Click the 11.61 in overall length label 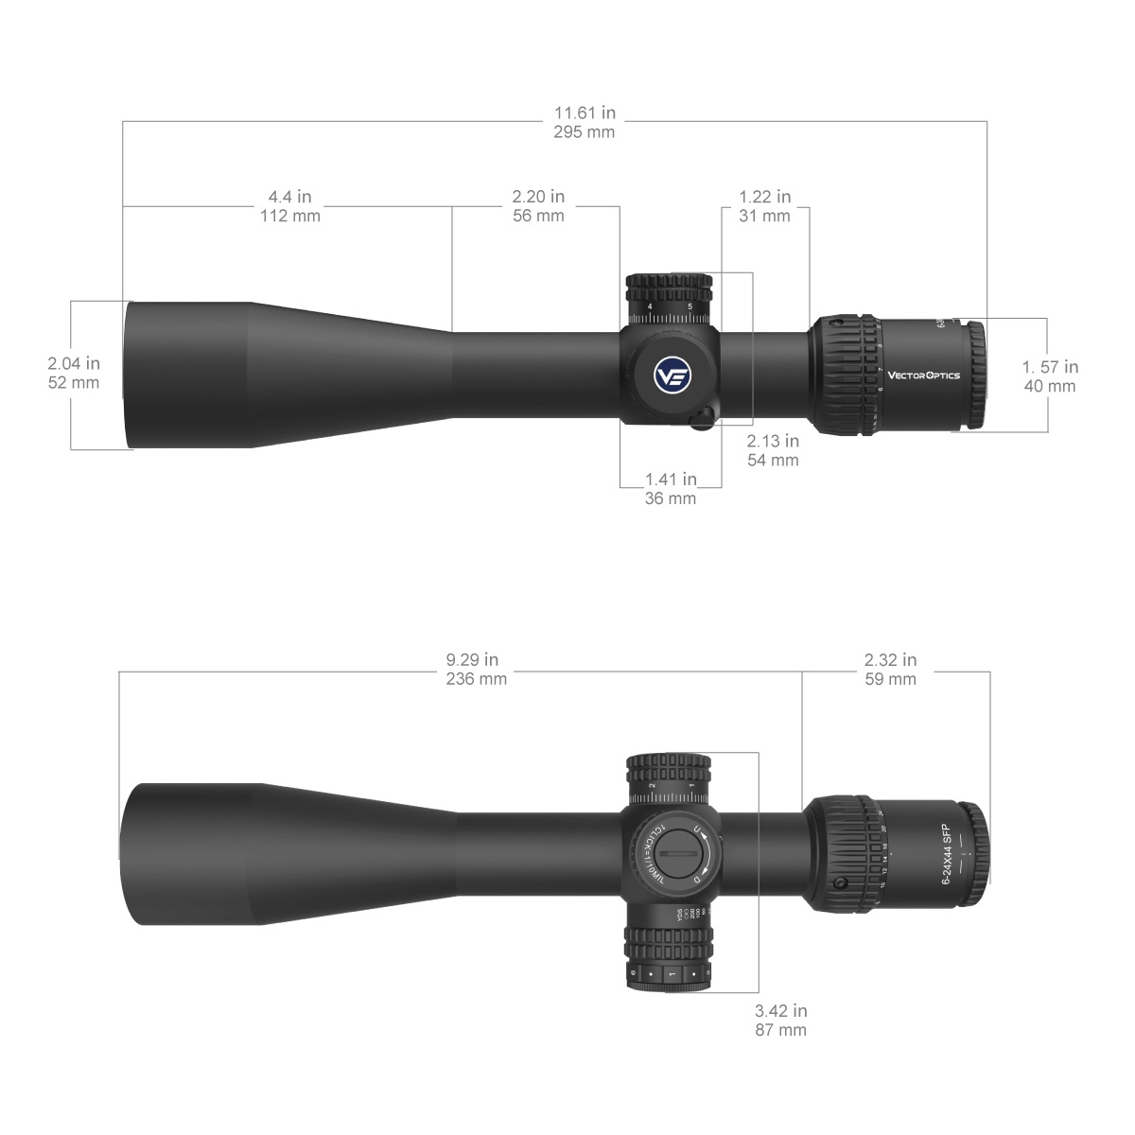pyautogui.click(x=584, y=122)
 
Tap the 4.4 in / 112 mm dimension pyautogui.click(x=289, y=206)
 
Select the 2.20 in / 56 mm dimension pyautogui.click(x=537, y=206)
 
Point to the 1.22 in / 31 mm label pyautogui.click(x=764, y=206)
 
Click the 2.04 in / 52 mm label pyautogui.click(x=73, y=373)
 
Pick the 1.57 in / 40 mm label pyautogui.click(x=1050, y=376)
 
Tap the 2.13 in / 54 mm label pyautogui.click(x=773, y=450)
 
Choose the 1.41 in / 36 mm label pyautogui.click(x=670, y=489)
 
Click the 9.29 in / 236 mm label pyautogui.click(x=476, y=669)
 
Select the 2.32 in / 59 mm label pyautogui.click(x=890, y=669)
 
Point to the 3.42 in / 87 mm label pyautogui.click(x=780, y=1021)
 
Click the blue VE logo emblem pyautogui.click(x=672, y=375)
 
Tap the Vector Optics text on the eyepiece pyautogui.click(x=923, y=375)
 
